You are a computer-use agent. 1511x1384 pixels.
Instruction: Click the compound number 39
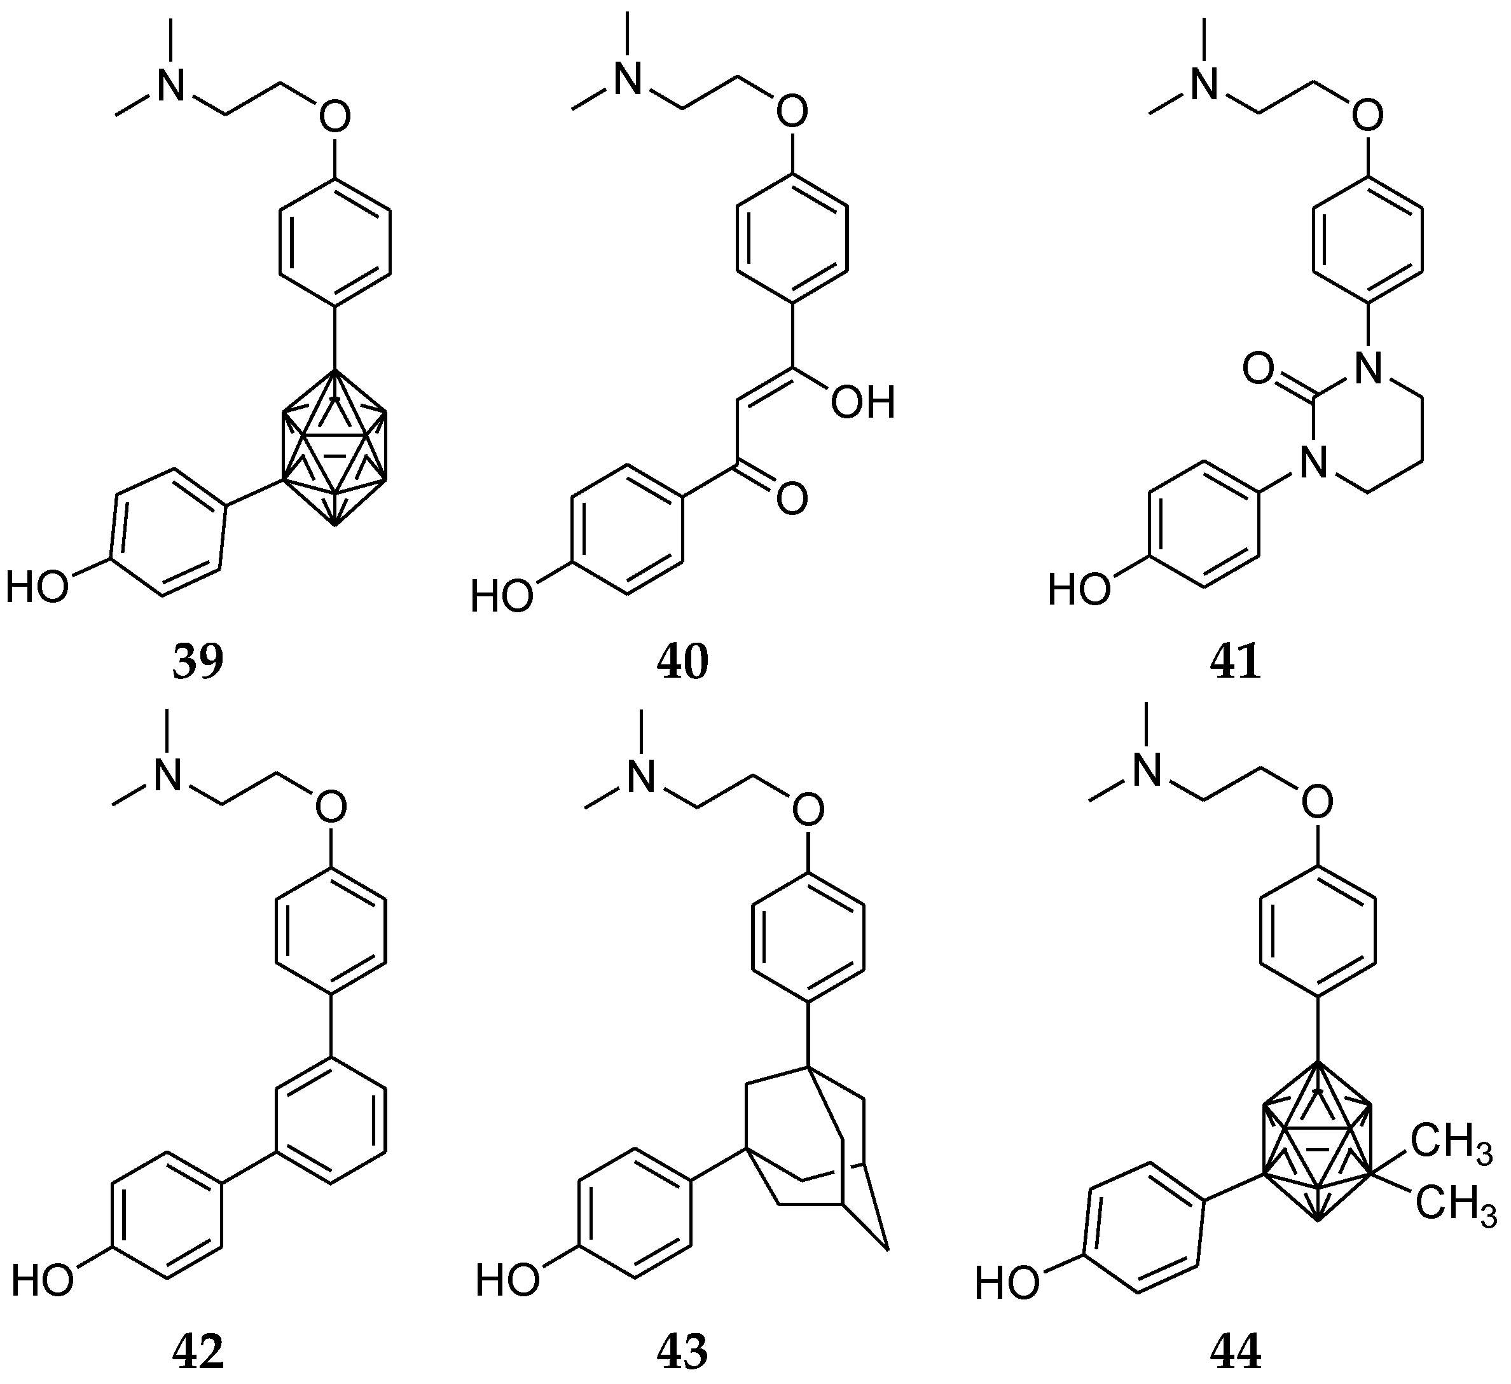(198, 662)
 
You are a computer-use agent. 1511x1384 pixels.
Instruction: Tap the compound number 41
(1235, 662)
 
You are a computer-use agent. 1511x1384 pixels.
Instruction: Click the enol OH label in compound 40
(862, 403)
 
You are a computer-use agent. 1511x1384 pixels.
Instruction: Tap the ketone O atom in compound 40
(792, 499)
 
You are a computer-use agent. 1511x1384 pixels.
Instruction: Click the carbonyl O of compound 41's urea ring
(1259, 369)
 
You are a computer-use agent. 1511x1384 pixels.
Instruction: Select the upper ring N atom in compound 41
(1369, 368)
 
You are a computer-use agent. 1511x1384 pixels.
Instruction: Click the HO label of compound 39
(38, 586)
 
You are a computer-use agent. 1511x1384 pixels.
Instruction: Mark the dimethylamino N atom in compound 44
(1147, 771)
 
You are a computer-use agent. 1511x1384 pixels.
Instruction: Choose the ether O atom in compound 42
(331, 806)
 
